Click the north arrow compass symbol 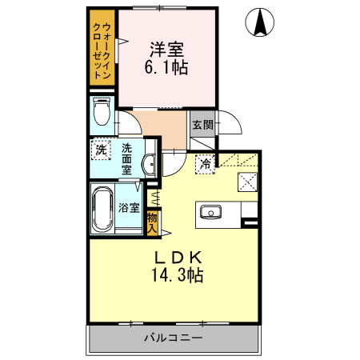coord(261,22)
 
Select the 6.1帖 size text coord(166,69)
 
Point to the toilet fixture coord(102,114)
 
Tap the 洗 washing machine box coord(101,150)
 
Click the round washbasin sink coord(149,165)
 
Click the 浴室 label coord(128,207)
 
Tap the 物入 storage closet coord(153,222)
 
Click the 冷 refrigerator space coord(205,163)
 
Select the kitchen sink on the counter coord(212,213)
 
